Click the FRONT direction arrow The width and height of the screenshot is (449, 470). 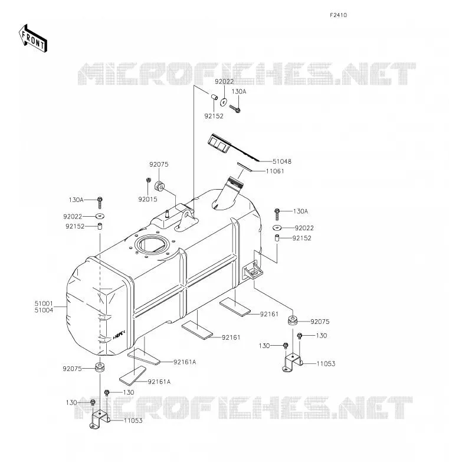tap(33, 39)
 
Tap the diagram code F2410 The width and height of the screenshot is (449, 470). tap(338, 15)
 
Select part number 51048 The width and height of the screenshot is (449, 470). tap(281, 161)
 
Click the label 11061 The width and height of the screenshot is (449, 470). tap(275, 171)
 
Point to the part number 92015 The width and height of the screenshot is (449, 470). tap(148, 199)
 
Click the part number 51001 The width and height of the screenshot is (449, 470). tap(44, 303)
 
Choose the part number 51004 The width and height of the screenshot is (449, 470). tap(44, 310)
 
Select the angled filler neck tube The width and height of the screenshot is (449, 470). tap(228, 193)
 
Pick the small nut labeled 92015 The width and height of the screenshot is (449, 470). tap(148, 180)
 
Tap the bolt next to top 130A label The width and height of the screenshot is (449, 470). tap(235, 108)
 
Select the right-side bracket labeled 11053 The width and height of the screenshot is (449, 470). tap(293, 362)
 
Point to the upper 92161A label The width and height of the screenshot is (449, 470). tap(185, 362)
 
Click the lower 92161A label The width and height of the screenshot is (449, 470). tap(159, 382)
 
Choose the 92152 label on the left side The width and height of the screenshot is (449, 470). tap(75, 226)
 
